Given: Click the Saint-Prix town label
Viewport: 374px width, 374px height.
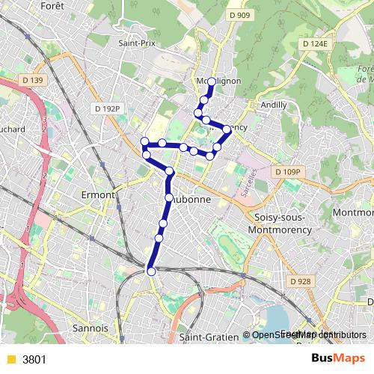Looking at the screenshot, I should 136,43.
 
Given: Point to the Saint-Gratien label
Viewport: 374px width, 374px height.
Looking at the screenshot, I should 209,337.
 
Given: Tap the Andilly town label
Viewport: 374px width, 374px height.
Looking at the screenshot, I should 274,105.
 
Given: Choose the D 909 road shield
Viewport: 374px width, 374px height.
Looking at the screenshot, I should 239,14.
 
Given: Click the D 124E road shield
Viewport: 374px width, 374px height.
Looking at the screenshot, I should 316,44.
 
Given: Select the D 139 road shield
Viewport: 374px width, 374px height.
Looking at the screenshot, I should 34,79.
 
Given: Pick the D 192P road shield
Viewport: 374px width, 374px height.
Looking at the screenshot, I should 107,108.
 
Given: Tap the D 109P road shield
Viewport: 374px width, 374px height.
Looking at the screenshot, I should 287,172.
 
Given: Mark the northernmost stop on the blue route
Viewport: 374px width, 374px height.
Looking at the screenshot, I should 212,82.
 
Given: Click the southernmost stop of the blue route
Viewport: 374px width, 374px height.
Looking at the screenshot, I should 151,271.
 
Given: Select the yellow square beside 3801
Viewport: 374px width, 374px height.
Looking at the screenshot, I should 10,359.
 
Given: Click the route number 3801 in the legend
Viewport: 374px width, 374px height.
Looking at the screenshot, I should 34,359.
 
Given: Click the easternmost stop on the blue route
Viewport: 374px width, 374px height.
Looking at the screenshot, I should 227,130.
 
